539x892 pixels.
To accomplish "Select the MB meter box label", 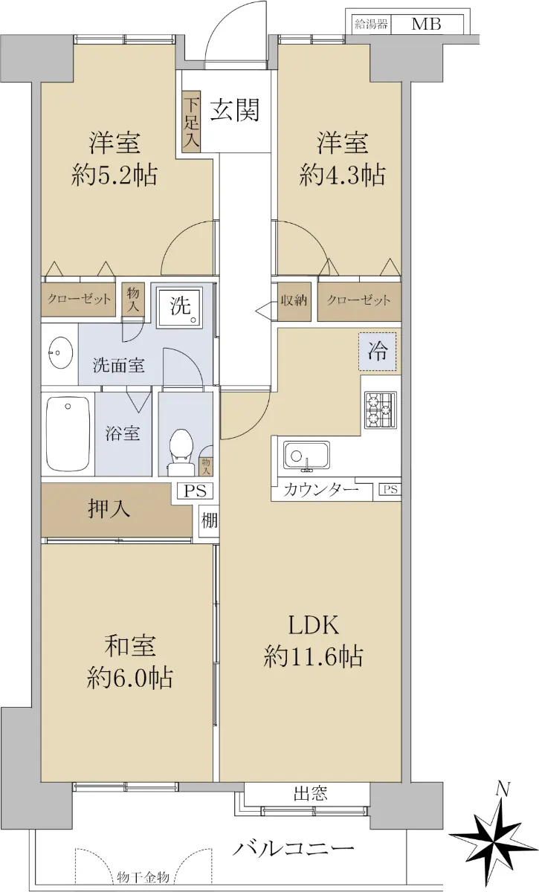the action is coord(426,25).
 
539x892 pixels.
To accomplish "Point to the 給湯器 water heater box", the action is coord(371,25).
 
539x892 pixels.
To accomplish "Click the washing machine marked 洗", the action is coord(180,307).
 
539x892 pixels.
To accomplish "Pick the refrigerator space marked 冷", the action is coord(378,351).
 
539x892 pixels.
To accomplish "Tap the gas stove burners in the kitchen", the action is coord(380,410).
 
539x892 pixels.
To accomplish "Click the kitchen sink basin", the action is coord(306,456).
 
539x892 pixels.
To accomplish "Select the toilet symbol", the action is coord(181,452).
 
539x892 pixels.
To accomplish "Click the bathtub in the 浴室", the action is coord(68,433).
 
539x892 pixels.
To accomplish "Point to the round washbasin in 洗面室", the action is coord(61,352).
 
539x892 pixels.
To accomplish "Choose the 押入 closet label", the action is coord(109,508).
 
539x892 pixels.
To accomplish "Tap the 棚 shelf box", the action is coord(209,520).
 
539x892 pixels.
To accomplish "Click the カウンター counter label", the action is coord(320,489).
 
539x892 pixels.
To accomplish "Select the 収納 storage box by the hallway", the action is coord(294,302).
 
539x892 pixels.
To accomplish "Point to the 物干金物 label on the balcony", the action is coord(143,877).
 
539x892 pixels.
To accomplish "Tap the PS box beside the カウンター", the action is coord(390,489).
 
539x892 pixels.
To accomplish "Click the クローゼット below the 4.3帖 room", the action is coord(359,301).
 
